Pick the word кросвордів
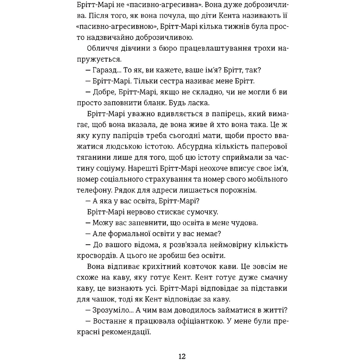(95, 256)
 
